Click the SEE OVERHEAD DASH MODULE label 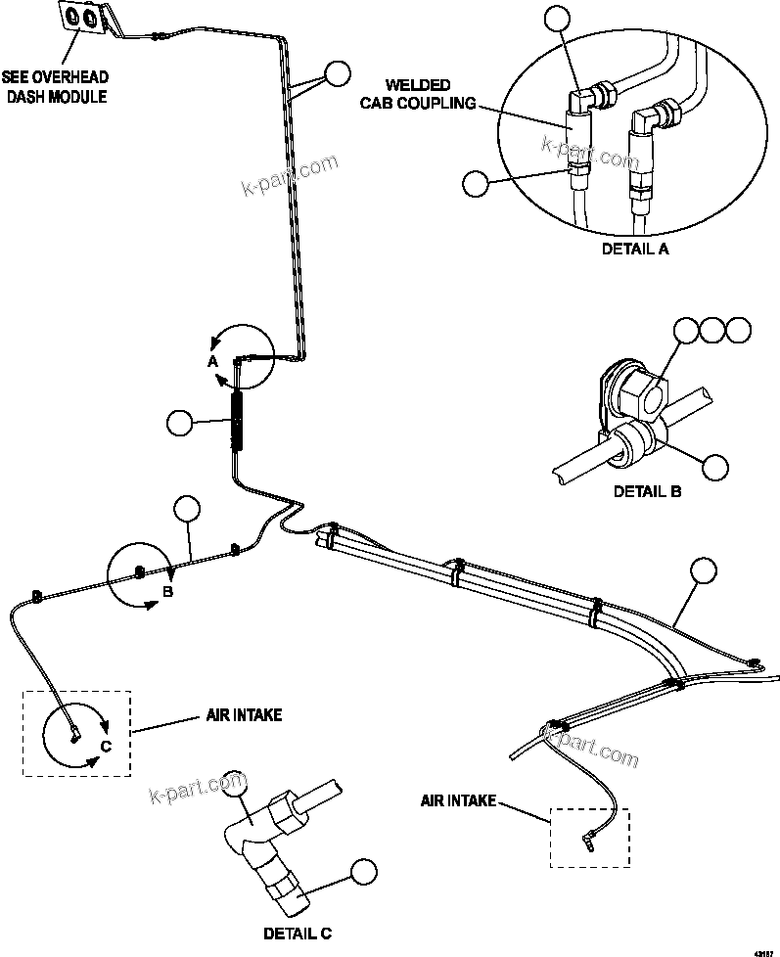pyautogui.click(x=55, y=86)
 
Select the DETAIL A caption pyautogui.click(x=635, y=249)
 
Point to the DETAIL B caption pyautogui.click(x=647, y=491)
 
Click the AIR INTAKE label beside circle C pyautogui.click(x=244, y=715)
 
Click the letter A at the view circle pyautogui.click(x=211, y=360)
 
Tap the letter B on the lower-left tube pyautogui.click(x=167, y=592)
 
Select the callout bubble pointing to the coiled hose pyautogui.click(x=180, y=423)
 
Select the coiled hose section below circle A pyautogui.click(x=237, y=419)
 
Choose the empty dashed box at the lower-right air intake pyautogui.click(x=590, y=837)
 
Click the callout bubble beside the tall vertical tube pyautogui.click(x=337, y=74)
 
